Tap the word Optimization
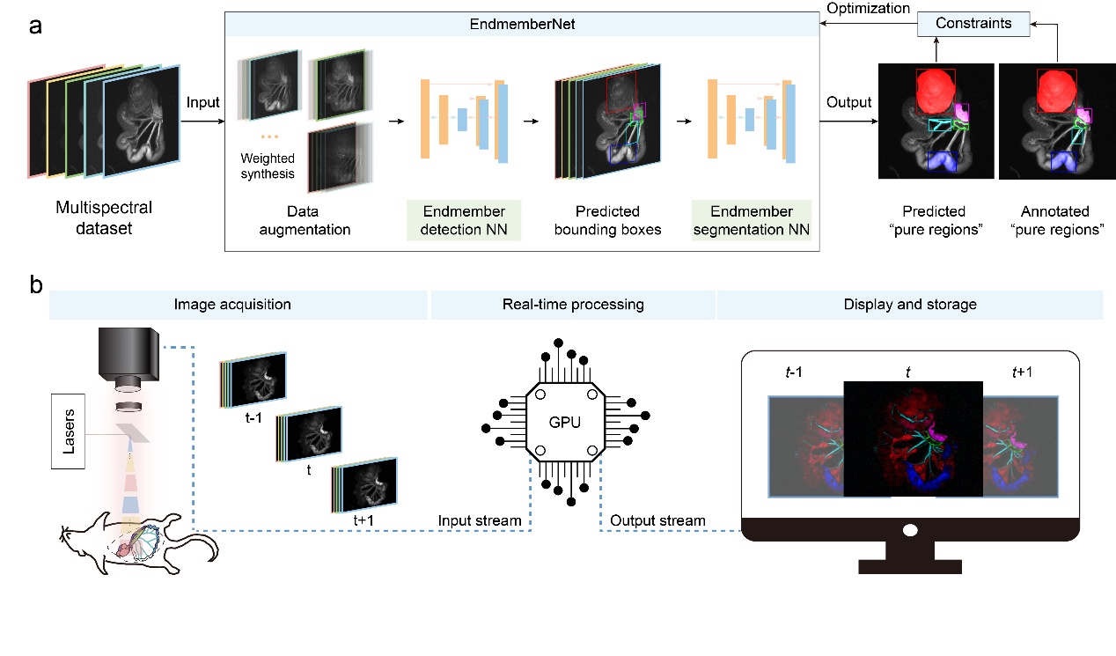869,8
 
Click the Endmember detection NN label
463,220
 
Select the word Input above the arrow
203,103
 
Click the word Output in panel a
848,103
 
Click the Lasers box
70,431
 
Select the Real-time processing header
573,305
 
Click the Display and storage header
909,305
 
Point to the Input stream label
480,520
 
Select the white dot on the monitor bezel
910,530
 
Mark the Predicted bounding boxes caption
606,220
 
